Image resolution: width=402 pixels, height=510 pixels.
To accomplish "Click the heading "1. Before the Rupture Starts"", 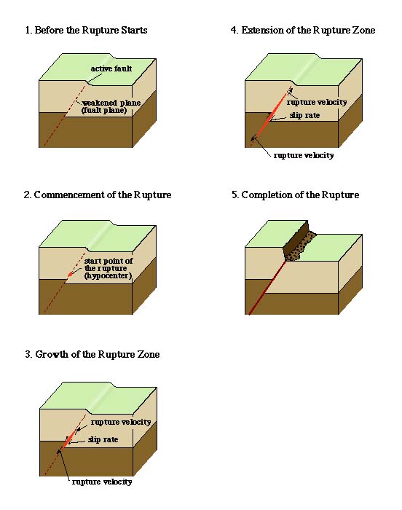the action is (86, 31).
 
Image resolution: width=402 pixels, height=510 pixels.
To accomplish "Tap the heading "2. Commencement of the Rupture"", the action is (98, 195).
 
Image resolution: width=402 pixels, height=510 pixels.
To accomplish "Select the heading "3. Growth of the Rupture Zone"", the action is (92, 354).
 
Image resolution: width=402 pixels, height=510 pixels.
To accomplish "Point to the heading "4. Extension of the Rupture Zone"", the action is (303, 31).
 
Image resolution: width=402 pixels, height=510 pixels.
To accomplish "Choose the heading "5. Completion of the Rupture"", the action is (296, 195).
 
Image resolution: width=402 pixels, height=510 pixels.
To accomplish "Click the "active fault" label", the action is (111, 68).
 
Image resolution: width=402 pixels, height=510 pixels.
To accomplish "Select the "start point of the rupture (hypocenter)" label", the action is (109, 268).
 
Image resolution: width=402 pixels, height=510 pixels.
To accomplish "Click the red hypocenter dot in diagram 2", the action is (70, 275).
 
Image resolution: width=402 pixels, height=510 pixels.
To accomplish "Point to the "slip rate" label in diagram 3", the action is (103, 439).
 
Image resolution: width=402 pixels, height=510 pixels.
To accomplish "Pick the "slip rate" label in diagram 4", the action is (304, 115).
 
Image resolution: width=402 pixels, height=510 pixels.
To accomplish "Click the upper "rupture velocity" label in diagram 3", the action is (121, 422).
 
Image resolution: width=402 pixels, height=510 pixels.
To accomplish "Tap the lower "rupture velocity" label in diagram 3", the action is (102, 482).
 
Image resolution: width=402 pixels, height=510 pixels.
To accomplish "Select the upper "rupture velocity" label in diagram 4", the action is (317, 102).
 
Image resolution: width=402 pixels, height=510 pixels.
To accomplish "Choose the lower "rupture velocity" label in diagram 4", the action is (304, 155).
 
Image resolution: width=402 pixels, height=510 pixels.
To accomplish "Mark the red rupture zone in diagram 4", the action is (271, 115).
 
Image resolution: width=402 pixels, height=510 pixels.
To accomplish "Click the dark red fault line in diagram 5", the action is (267, 288).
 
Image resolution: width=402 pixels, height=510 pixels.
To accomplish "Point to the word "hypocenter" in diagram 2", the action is (109, 276).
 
